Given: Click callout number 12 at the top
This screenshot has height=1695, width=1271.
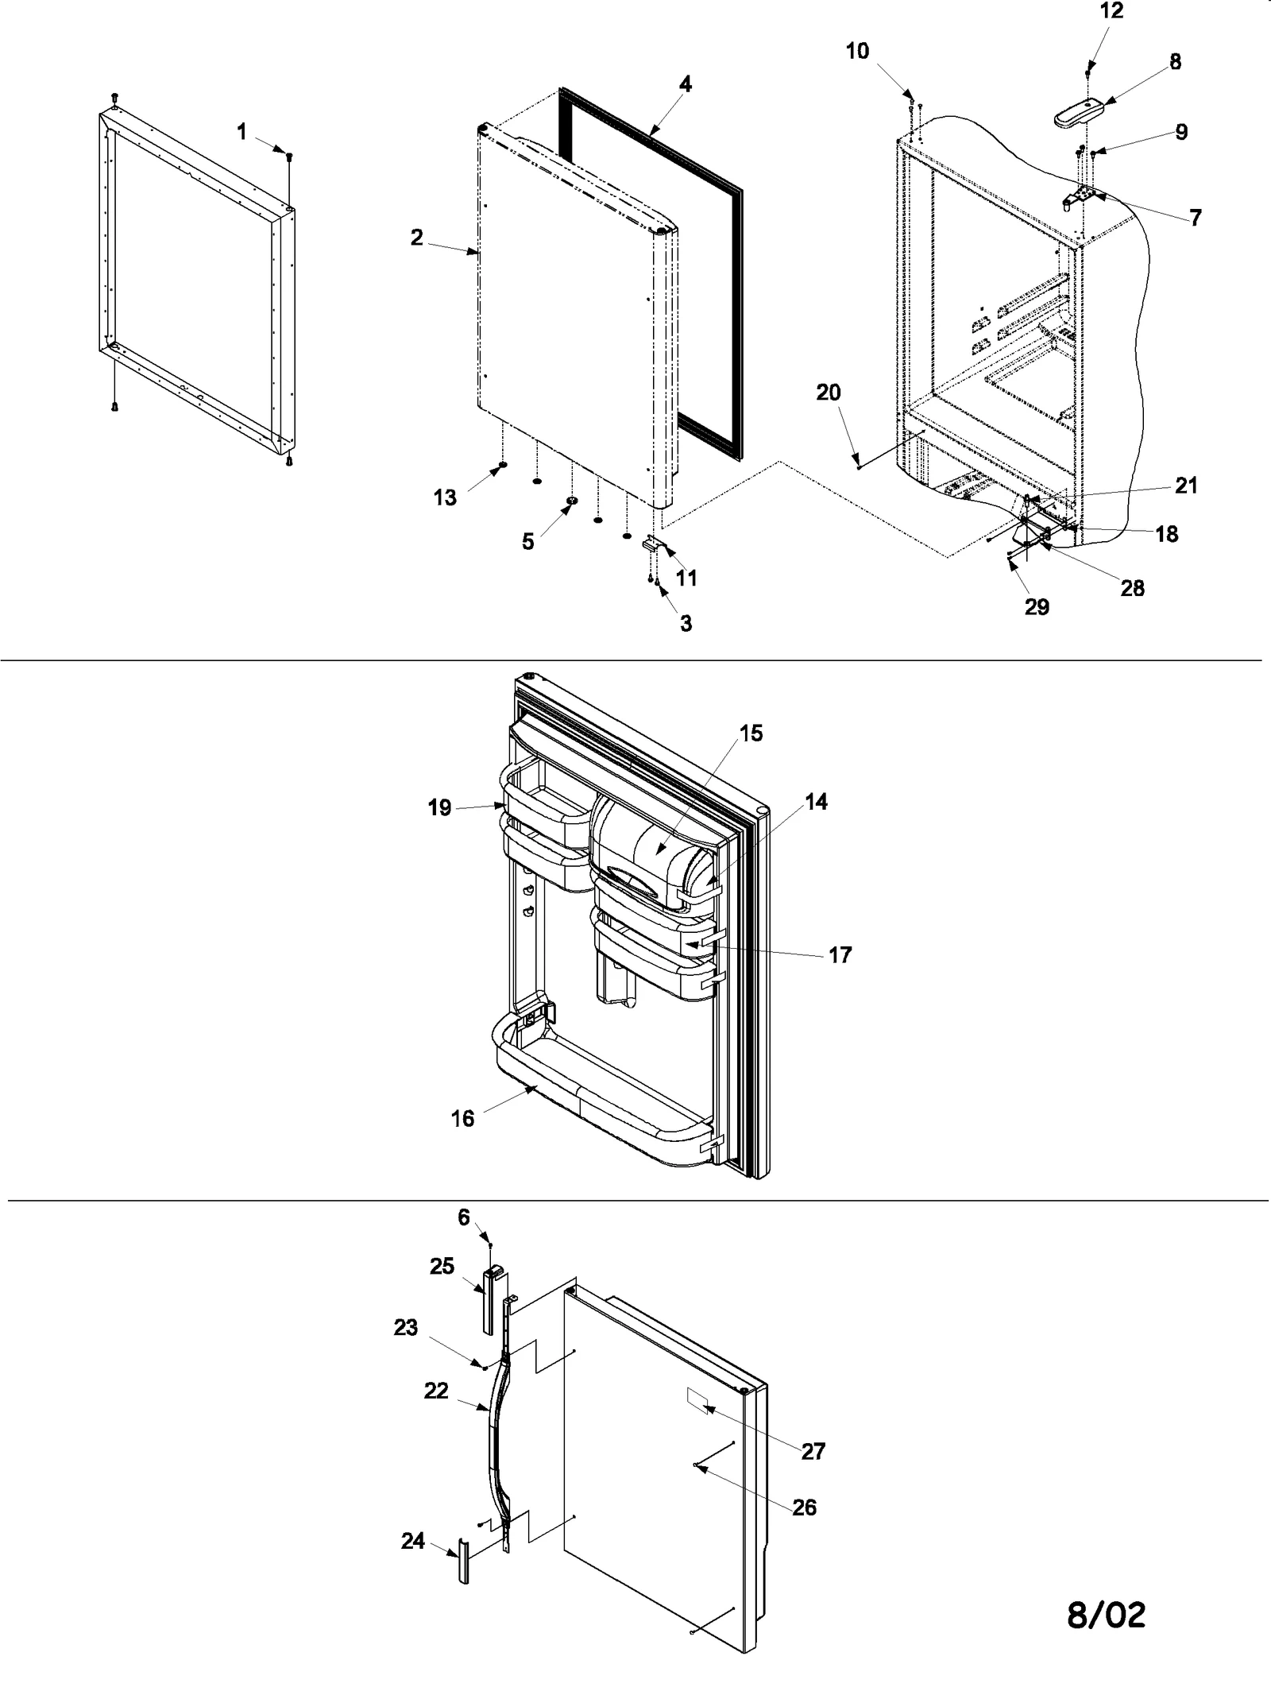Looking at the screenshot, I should [x=1112, y=11].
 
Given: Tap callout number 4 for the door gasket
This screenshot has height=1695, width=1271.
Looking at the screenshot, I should [x=685, y=83].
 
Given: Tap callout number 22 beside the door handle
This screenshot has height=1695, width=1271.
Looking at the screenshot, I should [x=436, y=1391].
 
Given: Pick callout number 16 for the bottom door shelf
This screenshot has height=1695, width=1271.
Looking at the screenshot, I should [x=462, y=1118].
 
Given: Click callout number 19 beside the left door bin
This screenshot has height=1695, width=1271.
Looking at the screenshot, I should [x=439, y=807].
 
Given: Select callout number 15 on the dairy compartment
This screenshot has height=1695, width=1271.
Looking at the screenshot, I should [x=750, y=733].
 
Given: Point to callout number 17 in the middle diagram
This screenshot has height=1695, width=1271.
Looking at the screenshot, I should [x=840, y=954].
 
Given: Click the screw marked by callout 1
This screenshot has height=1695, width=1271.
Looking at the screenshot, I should [x=289, y=156].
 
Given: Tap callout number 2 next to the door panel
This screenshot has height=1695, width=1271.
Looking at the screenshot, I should [x=416, y=237].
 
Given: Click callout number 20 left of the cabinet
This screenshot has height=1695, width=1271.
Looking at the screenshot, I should [x=829, y=393].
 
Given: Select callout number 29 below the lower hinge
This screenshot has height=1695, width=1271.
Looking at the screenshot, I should [x=1036, y=606].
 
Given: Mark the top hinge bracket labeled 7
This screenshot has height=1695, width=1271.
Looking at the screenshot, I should [x=1084, y=195].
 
